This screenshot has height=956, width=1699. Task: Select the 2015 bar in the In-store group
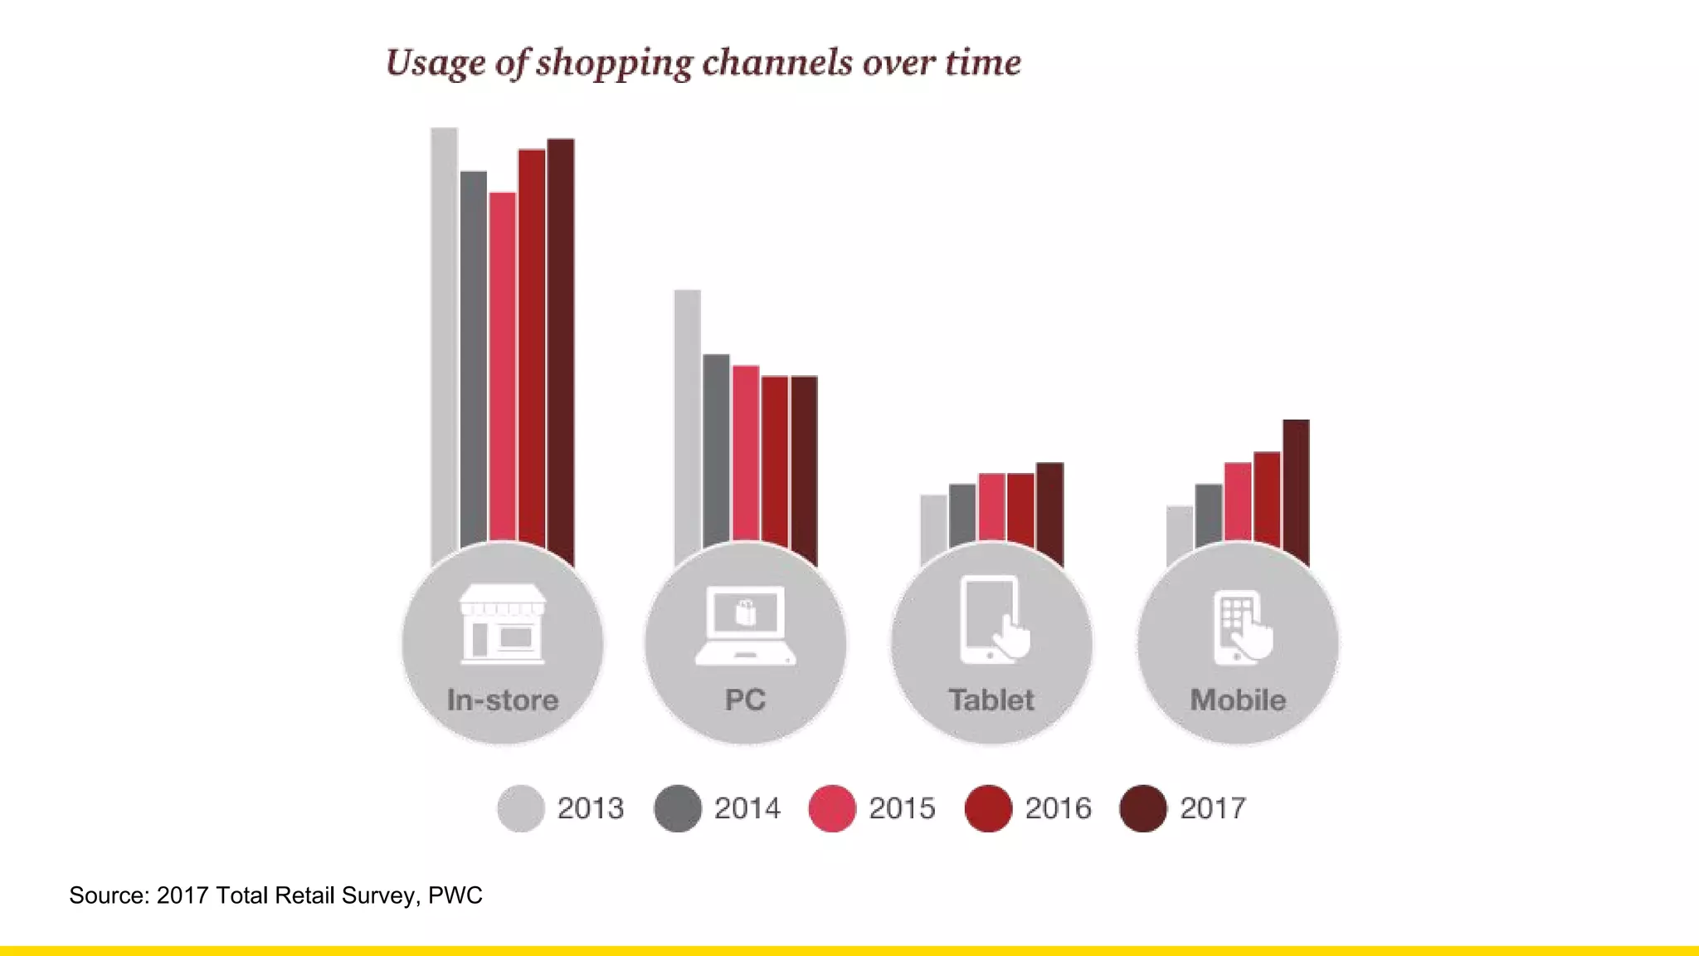pos(503,365)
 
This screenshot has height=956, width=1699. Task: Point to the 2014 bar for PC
pos(716,448)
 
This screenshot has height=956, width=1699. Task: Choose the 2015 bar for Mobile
pos(1238,502)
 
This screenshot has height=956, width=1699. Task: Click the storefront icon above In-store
pos(503,624)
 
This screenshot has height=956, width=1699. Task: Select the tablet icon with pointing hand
pos(993,621)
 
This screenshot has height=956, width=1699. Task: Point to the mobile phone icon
pos(1240,627)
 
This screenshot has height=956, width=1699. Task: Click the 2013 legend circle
pos(521,808)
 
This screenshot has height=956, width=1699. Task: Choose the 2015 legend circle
pos(832,808)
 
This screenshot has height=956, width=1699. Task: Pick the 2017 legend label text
pos(1213,808)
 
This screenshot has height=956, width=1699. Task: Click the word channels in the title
pos(777,63)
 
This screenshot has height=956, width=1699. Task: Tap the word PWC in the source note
pos(455,895)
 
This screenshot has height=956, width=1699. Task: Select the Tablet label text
pos(991,700)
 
